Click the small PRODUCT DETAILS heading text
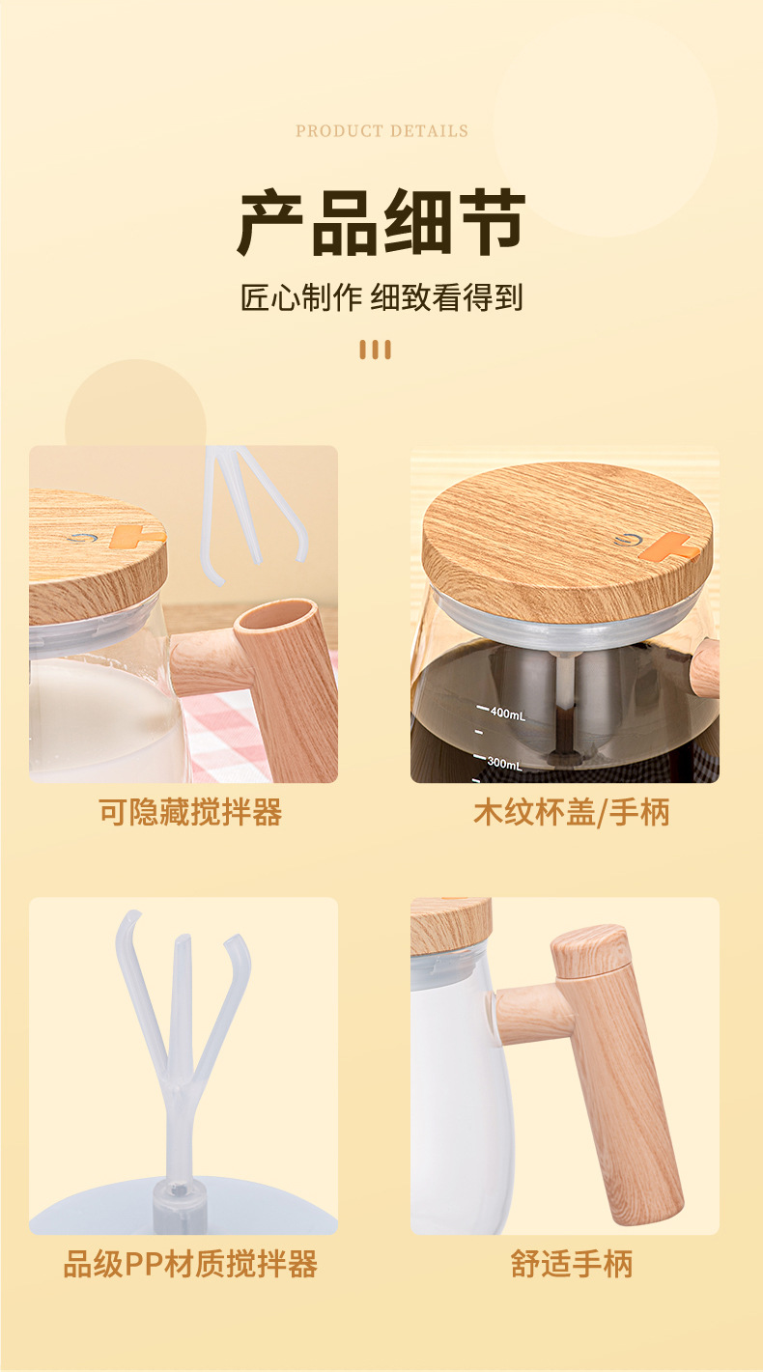coord(381,131)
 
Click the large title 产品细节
coord(381,222)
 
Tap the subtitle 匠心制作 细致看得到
coord(381,297)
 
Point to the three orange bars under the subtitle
coord(375,350)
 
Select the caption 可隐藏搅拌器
coord(190,812)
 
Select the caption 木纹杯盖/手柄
coord(571,812)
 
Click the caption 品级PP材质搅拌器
coord(190,1264)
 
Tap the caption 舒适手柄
coord(571,1264)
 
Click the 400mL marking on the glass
coord(506,714)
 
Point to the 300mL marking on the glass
coord(503,764)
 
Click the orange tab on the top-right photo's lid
coord(669,547)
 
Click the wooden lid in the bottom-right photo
coord(450,925)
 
